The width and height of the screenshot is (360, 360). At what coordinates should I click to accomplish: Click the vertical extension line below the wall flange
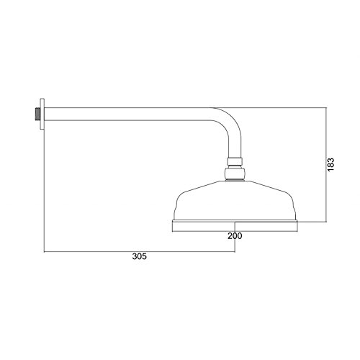45,194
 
